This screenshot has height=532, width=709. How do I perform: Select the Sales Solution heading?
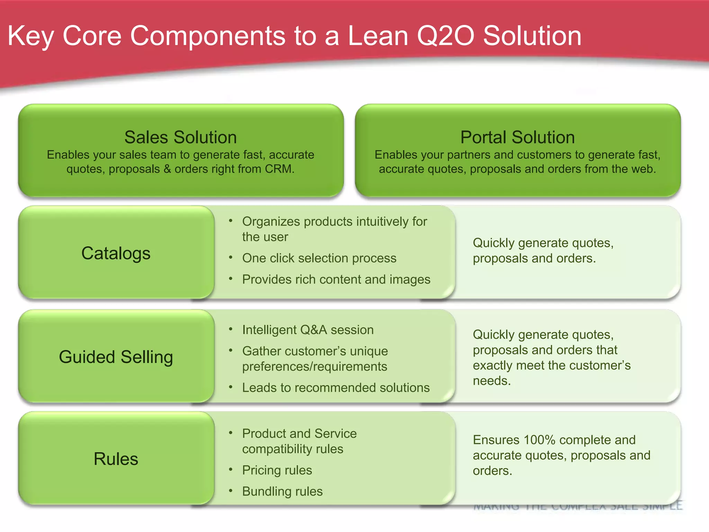(x=180, y=137)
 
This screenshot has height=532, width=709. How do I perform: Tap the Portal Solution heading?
(x=517, y=137)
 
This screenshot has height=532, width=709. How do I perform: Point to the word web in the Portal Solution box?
(x=643, y=169)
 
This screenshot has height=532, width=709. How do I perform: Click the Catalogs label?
(x=116, y=253)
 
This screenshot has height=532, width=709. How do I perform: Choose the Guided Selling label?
(x=116, y=357)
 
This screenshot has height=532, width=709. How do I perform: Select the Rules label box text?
(x=116, y=459)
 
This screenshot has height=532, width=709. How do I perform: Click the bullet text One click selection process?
(x=319, y=258)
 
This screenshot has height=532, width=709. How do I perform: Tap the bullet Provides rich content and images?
(x=336, y=279)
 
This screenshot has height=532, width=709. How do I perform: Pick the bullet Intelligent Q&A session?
(x=308, y=330)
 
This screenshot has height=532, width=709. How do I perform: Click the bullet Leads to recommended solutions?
(x=335, y=388)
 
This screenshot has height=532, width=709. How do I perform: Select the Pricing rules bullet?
(x=277, y=470)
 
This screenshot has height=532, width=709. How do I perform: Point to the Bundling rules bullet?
(x=282, y=491)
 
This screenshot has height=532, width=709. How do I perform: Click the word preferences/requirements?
(x=314, y=366)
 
